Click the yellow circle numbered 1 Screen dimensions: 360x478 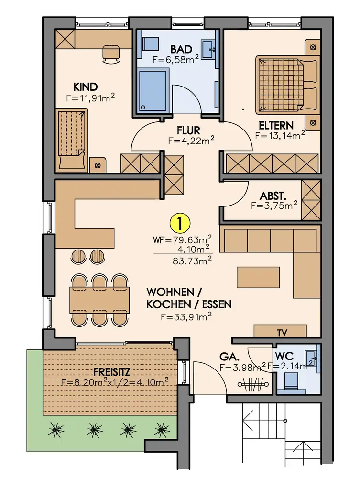(x=180, y=223)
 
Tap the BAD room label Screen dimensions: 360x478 (x=181, y=49)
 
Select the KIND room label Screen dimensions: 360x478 (x=86, y=87)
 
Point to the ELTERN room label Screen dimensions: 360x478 (x=276, y=125)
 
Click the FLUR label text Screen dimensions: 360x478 (x=188, y=130)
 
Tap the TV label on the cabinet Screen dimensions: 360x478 (x=282, y=333)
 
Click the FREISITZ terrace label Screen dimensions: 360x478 (x=112, y=372)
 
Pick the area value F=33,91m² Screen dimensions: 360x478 (x=186, y=316)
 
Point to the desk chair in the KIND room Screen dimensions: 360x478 (x=110, y=54)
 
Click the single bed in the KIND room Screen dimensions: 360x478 (x=72, y=139)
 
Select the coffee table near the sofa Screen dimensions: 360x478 (x=258, y=277)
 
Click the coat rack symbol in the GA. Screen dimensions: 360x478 (x=252, y=384)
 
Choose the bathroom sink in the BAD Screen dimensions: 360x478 (x=209, y=49)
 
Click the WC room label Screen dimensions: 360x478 (x=284, y=356)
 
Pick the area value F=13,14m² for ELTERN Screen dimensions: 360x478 (x=280, y=135)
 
